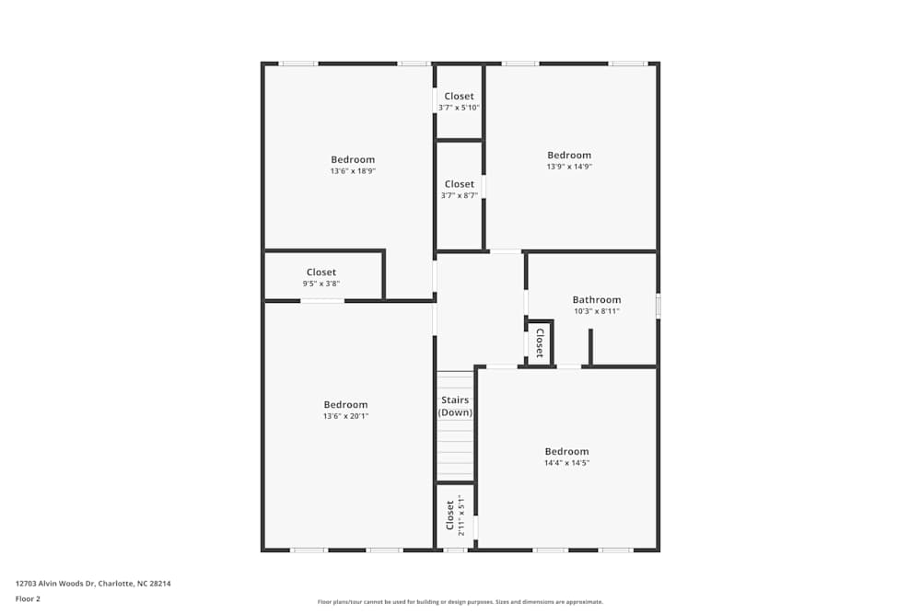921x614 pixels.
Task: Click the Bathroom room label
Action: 596,299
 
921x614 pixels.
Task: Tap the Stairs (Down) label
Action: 455,406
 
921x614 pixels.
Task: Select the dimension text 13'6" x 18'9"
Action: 353,171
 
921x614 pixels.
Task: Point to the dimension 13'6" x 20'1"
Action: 345,416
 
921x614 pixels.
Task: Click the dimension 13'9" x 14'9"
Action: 568,167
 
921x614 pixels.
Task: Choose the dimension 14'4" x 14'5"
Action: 566,463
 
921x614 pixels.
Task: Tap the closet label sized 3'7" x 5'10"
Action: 459,96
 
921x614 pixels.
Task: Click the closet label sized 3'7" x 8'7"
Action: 459,184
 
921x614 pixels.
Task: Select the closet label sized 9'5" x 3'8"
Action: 321,272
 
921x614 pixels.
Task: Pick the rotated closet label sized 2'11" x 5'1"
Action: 450,515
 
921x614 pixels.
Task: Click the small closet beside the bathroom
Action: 540,343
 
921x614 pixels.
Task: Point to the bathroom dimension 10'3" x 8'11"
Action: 596,311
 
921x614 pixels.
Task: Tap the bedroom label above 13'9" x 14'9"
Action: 569,155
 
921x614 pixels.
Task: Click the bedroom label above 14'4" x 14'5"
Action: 566,451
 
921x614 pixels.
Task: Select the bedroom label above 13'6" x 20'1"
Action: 345,404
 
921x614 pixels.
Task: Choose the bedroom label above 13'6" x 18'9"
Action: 353,159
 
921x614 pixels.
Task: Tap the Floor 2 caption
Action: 28,598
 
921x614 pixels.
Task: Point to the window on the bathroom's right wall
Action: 658,306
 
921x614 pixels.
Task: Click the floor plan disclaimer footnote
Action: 460,602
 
